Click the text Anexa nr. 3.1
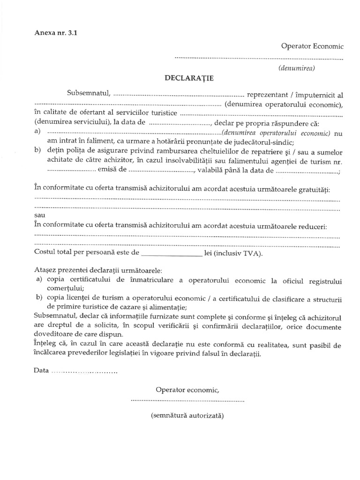54,33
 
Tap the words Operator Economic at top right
312,46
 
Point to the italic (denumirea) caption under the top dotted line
296,67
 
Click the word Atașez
46,271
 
